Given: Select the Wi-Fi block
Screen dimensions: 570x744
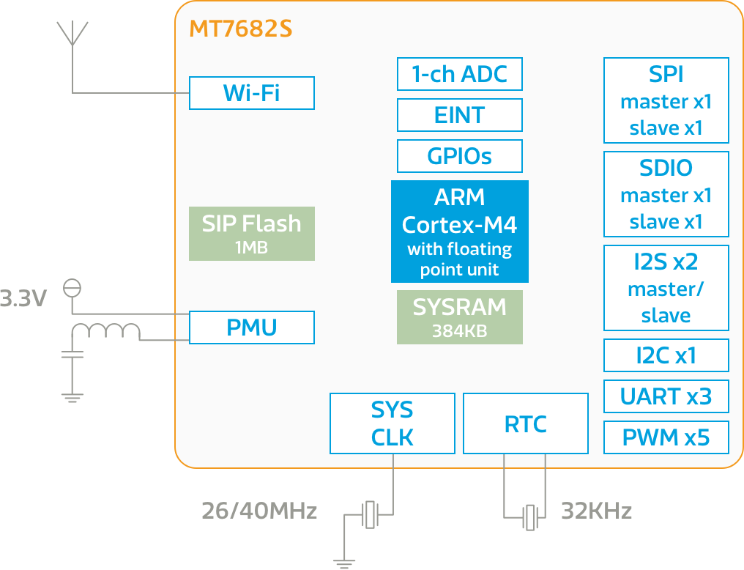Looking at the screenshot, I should click(x=251, y=93).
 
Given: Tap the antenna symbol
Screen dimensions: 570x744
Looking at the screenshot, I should click(x=72, y=34).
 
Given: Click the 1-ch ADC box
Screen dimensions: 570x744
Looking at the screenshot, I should click(x=459, y=74).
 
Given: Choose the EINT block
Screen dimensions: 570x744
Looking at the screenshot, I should click(x=459, y=115).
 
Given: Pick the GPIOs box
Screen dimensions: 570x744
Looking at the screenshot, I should click(x=459, y=156).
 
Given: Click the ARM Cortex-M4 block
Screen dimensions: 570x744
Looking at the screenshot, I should click(x=459, y=232).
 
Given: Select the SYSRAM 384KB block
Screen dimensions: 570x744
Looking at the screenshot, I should click(x=459, y=317).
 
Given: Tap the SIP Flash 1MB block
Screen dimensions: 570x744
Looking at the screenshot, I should click(x=251, y=234).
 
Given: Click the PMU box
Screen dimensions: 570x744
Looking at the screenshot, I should click(x=251, y=327).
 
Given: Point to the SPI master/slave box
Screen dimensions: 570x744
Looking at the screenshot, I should click(x=666, y=100).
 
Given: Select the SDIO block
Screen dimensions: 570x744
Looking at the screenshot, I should click(x=666, y=194).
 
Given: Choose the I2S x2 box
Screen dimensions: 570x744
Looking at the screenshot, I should click(x=666, y=288).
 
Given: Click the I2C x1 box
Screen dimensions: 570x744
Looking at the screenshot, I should click(x=666, y=355).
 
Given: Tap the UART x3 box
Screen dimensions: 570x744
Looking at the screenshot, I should click(x=666, y=396).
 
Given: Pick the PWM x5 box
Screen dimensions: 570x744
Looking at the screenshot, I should click(x=666, y=437).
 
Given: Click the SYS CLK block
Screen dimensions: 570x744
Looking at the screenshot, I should click(x=392, y=423).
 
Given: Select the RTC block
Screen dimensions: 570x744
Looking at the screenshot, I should click(x=525, y=423).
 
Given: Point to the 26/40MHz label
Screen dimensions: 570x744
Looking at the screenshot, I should click(x=259, y=511).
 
